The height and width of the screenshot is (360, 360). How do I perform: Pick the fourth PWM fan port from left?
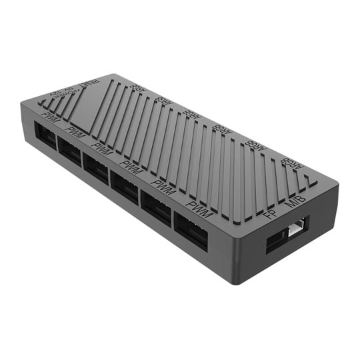click(125, 186)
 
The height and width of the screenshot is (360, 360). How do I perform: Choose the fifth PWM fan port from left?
click(156, 206)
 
